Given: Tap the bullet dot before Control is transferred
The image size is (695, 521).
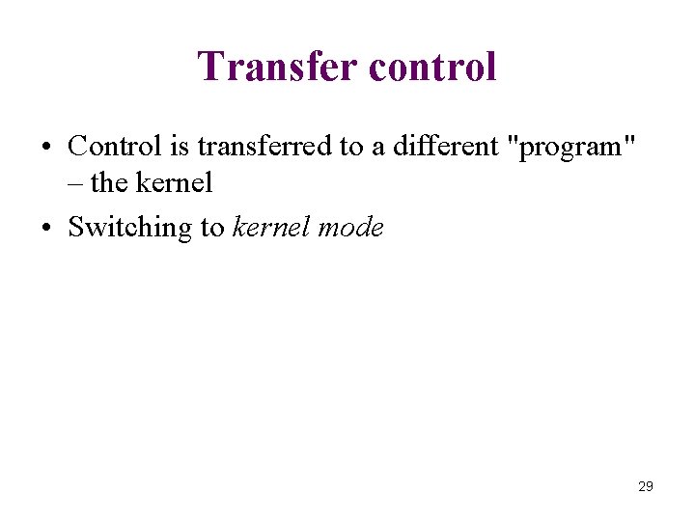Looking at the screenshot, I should (46, 149).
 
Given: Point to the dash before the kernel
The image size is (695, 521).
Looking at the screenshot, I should (75, 182).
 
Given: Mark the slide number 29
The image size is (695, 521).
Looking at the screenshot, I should (646, 486).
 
